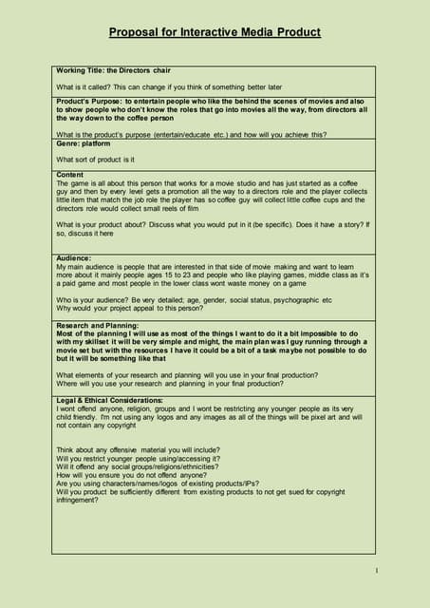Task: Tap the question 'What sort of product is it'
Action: pyautogui.click(x=95, y=159)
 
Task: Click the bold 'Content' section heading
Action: pyautogui.click(x=70, y=174)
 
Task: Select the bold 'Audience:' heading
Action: pyautogui.click(x=74, y=257)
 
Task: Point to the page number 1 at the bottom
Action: pyautogui.click(x=377, y=570)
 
